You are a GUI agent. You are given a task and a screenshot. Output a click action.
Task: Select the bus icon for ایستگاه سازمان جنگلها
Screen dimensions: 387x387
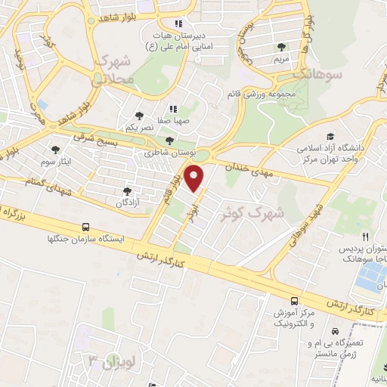(x=85, y=226)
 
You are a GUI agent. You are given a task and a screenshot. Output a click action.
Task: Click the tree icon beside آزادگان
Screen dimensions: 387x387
(x=126, y=191)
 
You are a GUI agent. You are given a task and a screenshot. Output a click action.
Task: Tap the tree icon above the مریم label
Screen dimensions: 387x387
(x=282, y=47)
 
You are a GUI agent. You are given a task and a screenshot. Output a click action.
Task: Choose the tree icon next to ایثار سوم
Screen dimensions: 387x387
(x=55, y=149)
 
